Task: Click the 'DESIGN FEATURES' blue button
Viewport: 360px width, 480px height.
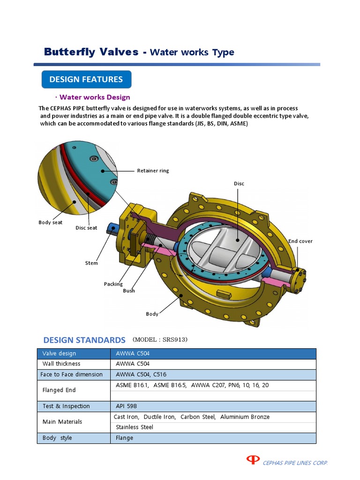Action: pos(86,79)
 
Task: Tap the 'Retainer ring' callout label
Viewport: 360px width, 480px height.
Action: pos(153,171)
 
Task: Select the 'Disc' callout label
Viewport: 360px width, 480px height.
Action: pos(239,184)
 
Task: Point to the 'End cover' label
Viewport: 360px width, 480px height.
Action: pos(300,241)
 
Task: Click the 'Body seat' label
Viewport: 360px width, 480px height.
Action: pos(50,222)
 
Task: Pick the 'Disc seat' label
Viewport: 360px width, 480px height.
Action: pos(86,228)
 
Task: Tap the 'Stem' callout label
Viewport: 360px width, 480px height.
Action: pos(91,263)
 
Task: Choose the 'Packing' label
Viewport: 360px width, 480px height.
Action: pos(113,284)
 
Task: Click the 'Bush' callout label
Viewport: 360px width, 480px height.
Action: pos(129,291)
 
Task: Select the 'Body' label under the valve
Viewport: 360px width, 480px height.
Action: pos(152,314)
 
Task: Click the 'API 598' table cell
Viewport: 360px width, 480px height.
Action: pos(126,406)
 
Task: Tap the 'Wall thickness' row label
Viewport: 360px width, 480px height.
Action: pos(61,364)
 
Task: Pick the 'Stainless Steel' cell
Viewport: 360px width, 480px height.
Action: pos(135,427)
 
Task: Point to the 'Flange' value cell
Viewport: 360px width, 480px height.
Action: pos(124,438)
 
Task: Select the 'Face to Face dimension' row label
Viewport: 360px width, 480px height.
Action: pos(72,375)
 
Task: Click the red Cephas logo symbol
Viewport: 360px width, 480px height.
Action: pos(253,460)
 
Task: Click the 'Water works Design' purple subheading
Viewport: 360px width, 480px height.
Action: pos(95,97)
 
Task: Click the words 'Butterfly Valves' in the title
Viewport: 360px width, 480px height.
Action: pos(91,52)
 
